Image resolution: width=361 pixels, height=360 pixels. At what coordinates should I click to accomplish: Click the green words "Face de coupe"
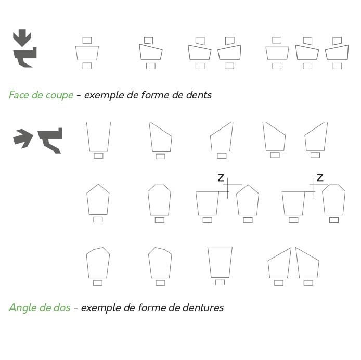41,95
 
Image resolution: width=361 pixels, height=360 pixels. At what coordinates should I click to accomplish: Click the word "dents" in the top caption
199,95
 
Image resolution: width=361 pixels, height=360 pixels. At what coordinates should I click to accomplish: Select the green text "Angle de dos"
39,307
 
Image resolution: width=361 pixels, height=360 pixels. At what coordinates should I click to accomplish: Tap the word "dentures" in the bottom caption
204,307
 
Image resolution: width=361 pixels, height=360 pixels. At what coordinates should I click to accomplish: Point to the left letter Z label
221,178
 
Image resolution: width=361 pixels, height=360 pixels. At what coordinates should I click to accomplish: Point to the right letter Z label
320,178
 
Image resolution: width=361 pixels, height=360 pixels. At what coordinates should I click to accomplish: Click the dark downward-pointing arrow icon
22,38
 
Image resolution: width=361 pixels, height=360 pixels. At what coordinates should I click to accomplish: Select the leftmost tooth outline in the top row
87,53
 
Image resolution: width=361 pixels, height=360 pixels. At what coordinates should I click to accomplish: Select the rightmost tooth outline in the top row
337,53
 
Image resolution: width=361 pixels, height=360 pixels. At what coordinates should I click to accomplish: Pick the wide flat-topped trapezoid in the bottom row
220,262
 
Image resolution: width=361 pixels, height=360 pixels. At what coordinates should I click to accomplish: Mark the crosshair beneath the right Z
315,185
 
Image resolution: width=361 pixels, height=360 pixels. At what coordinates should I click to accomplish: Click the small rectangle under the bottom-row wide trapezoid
220,282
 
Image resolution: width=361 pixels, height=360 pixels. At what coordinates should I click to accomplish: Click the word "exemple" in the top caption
105,95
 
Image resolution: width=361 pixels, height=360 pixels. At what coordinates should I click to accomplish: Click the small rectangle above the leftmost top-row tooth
87,40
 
